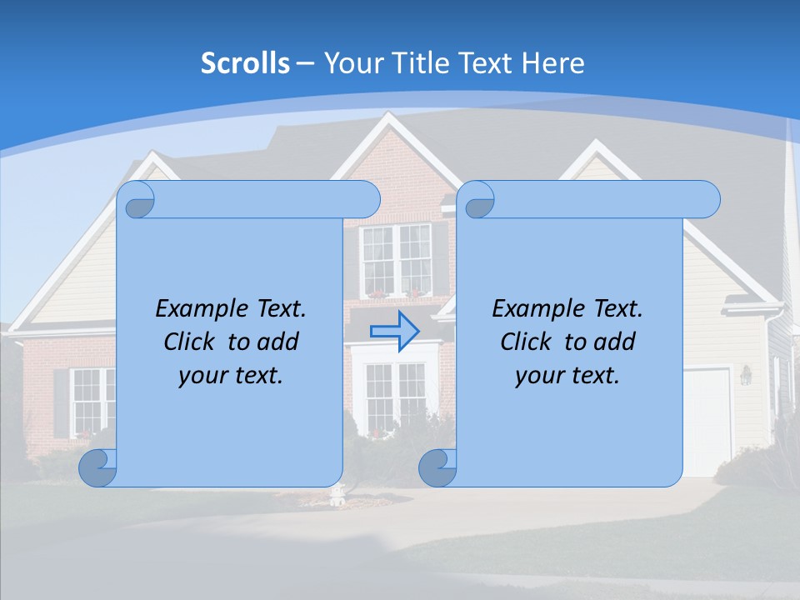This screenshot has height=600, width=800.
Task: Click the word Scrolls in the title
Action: click(245, 63)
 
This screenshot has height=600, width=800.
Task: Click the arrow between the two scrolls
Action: click(394, 332)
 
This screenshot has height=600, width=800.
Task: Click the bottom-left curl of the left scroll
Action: click(97, 467)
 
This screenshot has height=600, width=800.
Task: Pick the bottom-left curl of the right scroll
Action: click(437, 467)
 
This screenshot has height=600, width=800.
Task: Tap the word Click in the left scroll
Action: click(192, 342)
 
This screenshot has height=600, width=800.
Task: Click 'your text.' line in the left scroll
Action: click(231, 376)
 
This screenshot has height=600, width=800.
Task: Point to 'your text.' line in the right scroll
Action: click(567, 376)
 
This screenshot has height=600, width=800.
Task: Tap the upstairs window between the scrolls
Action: click(397, 258)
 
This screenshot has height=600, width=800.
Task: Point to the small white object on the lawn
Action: click(337, 497)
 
